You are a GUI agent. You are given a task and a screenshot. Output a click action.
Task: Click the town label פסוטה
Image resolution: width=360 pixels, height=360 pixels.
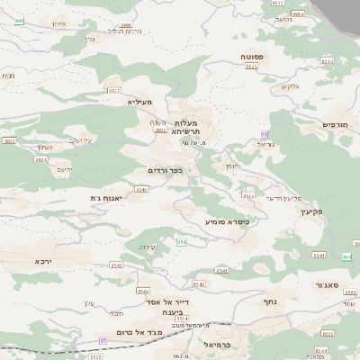252,56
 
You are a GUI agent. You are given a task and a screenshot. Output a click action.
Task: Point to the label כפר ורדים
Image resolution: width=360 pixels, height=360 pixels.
165,169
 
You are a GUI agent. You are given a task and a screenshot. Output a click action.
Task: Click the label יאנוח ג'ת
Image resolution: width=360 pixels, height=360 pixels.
106,197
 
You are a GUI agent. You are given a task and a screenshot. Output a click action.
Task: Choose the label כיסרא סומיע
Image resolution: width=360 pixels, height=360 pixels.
227,220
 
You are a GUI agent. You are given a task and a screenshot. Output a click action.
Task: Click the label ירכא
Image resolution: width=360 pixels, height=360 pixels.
43,261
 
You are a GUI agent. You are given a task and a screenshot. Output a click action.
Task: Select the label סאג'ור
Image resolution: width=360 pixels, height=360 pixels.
326,284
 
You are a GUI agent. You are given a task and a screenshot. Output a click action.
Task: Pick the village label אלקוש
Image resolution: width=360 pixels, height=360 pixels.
289,86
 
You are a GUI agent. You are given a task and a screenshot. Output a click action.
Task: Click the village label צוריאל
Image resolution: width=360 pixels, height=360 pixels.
266,143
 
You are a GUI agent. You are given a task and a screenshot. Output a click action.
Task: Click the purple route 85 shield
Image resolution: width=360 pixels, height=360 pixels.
103,340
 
